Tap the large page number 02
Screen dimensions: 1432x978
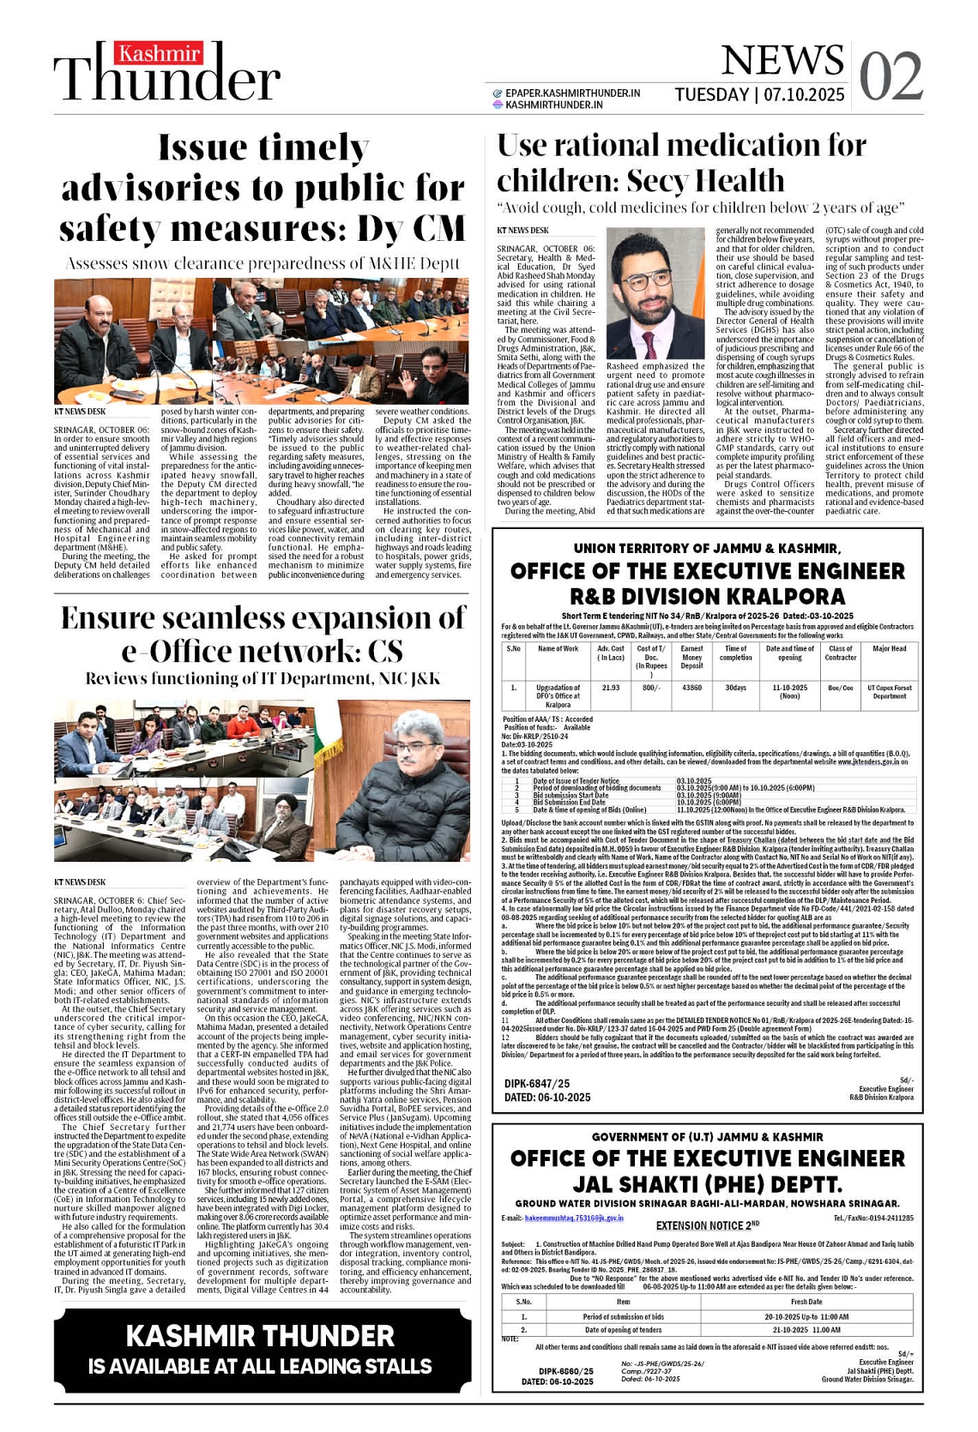pos(890,76)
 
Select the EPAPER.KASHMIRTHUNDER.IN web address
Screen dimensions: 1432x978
pos(572,93)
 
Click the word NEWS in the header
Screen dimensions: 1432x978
pos(782,60)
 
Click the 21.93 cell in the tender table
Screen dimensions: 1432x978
pos(611,688)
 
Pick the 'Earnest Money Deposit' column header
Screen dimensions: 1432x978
pos(691,657)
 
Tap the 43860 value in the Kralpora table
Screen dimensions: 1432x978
pos(691,688)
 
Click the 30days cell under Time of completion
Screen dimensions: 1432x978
pos(735,688)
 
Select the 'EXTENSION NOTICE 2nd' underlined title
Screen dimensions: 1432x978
pos(708,1225)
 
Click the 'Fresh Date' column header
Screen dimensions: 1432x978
pos(806,1301)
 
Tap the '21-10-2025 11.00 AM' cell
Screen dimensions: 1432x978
pos(806,1330)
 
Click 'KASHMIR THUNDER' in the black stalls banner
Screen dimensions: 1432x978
pos(260,1335)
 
